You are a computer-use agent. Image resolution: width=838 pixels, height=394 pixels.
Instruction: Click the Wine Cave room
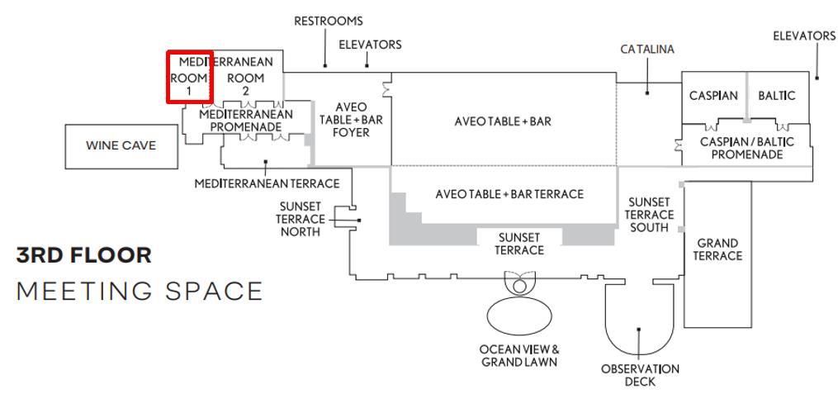pos(121,146)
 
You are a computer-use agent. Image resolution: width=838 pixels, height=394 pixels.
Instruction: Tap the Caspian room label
pos(713,96)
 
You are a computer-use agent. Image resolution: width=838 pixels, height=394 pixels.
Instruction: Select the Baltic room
pos(776,96)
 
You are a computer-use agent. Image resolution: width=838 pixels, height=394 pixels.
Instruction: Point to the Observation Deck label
pos(640,374)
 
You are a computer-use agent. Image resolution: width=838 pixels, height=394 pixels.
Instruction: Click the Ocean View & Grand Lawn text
pos(519,355)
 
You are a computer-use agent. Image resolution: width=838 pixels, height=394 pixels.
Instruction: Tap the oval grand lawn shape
pos(519,315)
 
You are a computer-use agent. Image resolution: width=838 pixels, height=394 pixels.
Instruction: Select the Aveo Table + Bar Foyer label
pos(350,120)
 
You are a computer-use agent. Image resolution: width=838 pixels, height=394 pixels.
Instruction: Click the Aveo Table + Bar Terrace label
pos(509,194)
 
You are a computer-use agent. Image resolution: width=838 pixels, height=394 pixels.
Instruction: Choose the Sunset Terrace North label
pos(300,219)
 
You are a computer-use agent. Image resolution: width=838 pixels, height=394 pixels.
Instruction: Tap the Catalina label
pos(647,50)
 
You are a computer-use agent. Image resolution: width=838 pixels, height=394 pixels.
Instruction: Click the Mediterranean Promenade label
pos(246,121)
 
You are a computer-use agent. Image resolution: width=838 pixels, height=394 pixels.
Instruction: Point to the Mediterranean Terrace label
pos(267,183)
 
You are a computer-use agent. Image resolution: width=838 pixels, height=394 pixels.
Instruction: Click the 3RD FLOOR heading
pos(83,256)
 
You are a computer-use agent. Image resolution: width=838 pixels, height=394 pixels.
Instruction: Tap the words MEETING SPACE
pos(139,291)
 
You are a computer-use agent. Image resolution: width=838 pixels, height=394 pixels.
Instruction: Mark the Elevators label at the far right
pos(803,36)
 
